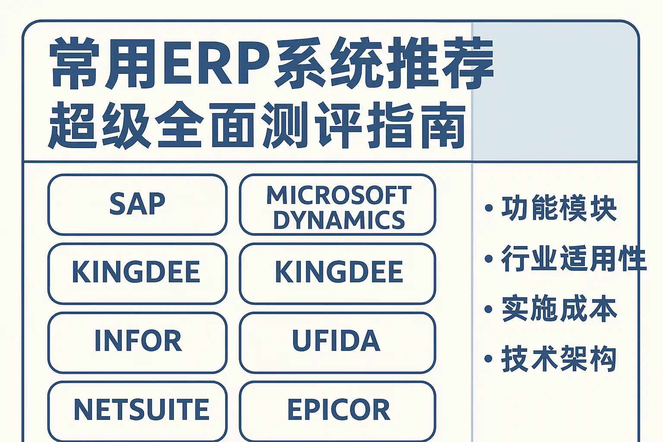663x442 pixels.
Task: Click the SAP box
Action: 137,205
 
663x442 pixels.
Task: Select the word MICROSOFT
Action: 339,195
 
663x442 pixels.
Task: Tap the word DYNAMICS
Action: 339,220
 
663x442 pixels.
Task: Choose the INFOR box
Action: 137,343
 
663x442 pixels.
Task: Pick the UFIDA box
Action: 338,343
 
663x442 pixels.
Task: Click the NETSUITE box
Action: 137,411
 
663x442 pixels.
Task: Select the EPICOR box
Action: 338,411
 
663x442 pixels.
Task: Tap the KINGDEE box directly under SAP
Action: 137,274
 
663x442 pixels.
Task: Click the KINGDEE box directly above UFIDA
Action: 338,274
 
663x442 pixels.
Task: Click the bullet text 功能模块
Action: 559,208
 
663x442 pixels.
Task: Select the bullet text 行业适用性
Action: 573,259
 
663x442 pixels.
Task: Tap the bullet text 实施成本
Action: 559,309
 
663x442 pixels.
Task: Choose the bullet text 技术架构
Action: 559,359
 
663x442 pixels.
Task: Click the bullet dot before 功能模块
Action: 488,208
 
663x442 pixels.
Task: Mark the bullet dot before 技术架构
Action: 488,359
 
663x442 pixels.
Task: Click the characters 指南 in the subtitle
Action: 416,126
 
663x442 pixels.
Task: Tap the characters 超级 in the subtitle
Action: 99,126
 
